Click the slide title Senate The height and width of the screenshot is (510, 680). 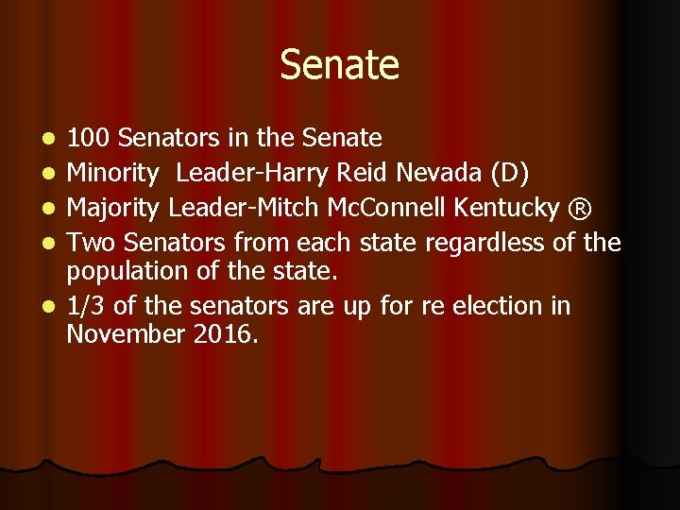(x=339, y=65)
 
